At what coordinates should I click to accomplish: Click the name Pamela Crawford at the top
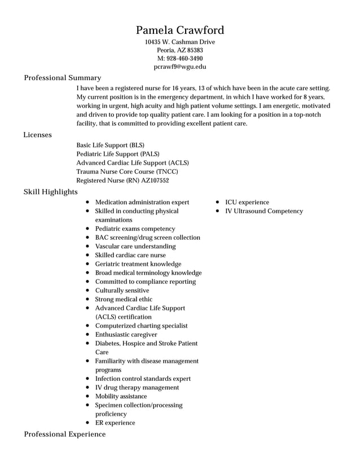click(x=180, y=30)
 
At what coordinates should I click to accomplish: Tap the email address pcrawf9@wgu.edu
click(x=180, y=67)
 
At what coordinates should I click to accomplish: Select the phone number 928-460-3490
click(x=185, y=58)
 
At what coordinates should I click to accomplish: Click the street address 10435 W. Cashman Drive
click(x=180, y=42)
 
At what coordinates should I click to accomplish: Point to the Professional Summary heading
click(x=62, y=77)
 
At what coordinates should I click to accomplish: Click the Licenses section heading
click(x=37, y=135)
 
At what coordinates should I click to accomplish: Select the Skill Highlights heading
click(x=50, y=192)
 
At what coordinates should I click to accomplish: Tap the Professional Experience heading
click(x=64, y=434)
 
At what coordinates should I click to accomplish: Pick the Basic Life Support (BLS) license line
click(x=110, y=145)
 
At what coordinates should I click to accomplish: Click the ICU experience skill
click(x=247, y=202)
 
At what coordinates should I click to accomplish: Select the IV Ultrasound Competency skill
click(x=264, y=211)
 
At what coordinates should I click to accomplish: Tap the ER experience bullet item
click(x=115, y=423)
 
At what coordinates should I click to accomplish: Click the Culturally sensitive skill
click(x=122, y=291)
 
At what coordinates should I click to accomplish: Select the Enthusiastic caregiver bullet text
click(x=126, y=335)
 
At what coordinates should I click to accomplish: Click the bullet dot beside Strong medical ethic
click(x=88, y=300)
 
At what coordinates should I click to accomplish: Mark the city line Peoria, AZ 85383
click(x=180, y=50)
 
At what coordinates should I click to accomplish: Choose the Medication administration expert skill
click(x=142, y=202)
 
